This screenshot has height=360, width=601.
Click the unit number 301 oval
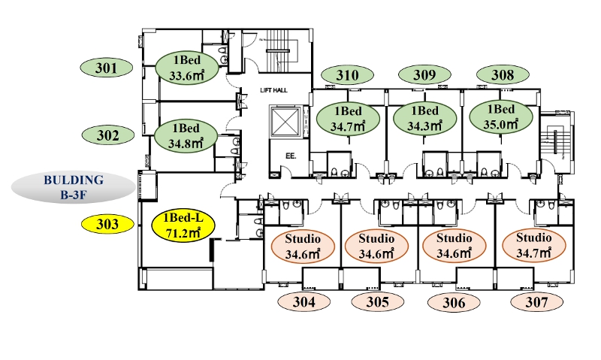pyautogui.click(x=107, y=68)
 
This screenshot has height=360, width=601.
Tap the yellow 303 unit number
pyautogui.click(x=107, y=224)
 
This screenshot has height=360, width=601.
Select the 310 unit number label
pyautogui.click(x=347, y=74)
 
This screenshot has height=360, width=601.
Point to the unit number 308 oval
pyautogui.click(x=503, y=74)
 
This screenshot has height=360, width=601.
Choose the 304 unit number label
pyautogui.click(x=304, y=301)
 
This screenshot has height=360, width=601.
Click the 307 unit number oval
pyautogui.click(x=536, y=302)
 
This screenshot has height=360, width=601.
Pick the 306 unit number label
pyautogui.click(x=454, y=303)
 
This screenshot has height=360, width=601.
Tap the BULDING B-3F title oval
pyautogui.click(x=74, y=187)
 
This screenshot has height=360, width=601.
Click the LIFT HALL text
pyautogui.click(x=273, y=90)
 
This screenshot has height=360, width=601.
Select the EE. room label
pyautogui.click(x=291, y=156)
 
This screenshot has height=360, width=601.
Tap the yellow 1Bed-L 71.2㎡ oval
pyautogui.click(x=183, y=225)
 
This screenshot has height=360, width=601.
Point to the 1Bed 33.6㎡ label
pyautogui.click(x=187, y=68)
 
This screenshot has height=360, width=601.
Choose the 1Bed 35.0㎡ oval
pyautogui.click(x=501, y=117)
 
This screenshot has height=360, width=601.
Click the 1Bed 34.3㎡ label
pyautogui.click(x=425, y=119)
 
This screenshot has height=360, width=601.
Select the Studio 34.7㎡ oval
pyautogui.click(x=534, y=245)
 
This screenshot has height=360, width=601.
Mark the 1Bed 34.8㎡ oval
pyautogui.click(x=186, y=136)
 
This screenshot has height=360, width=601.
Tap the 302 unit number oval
pyautogui.click(x=108, y=135)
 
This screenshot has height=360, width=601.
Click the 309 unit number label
pyautogui.click(x=424, y=74)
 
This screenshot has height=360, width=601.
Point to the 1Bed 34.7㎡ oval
pyautogui.click(x=348, y=119)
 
